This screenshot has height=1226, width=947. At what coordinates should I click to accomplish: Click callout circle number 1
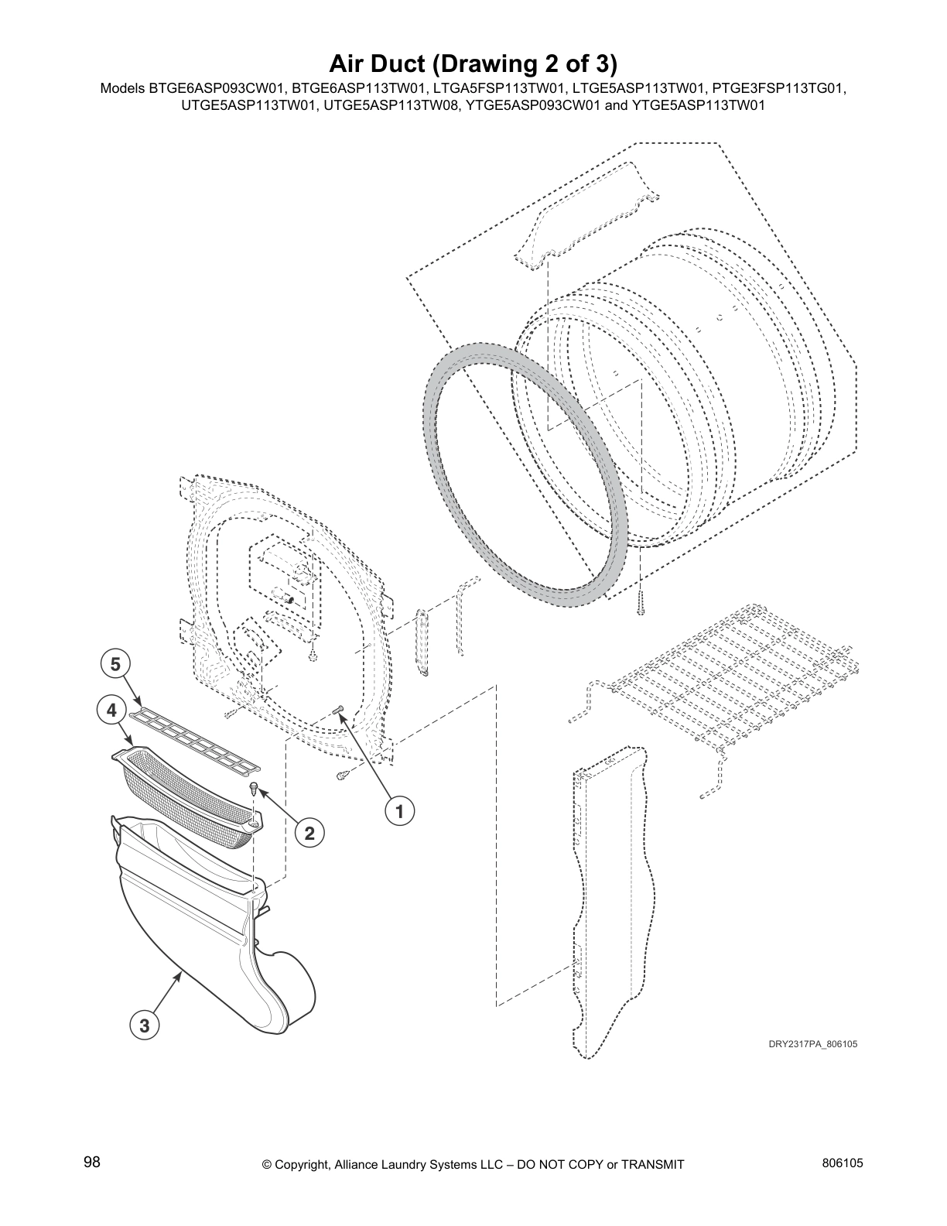tap(399, 811)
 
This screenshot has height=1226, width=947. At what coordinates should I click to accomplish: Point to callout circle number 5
tap(115, 664)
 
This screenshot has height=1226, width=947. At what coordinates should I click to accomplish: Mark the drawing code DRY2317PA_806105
tap(812, 1043)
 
